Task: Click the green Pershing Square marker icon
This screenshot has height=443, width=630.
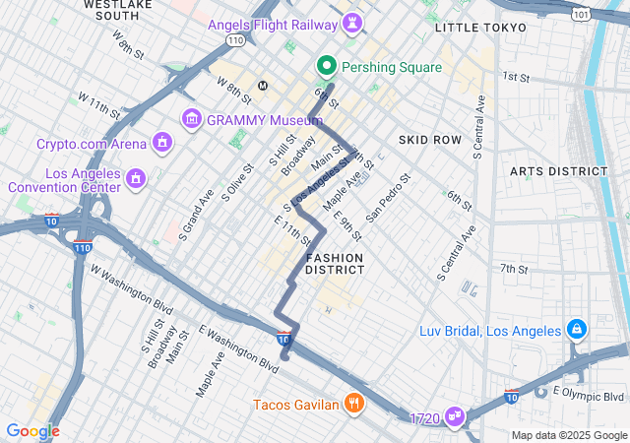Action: pyautogui.click(x=327, y=67)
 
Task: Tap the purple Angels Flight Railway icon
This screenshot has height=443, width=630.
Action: pyautogui.click(x=351, y=22)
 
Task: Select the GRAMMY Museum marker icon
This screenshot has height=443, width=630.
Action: pyautogui.click(x=191, y=119)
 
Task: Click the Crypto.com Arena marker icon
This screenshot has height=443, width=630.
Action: pyautogui.click(x=161, y=144)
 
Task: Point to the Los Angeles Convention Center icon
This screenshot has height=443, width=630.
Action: pyautogui.click(x=136, y=178)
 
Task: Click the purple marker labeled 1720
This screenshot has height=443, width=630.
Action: pyautogui.click(x=454, y=418)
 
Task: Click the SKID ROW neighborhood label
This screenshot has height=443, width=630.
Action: pyautogui.click(x=430, y=140)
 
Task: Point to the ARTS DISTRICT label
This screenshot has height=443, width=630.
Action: pyautogui.click(x=558, y=171)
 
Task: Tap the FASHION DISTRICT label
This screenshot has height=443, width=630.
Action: pyautogui.click(x=335, y=263)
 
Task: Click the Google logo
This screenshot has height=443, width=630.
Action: pyautogui.click(x=32, y=431)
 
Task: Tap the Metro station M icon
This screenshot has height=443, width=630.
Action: pyautogui.click(x=263, y=86)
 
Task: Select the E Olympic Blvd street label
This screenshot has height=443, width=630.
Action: pyautogui.click(x=588, y=396)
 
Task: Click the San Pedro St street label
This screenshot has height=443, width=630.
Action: pyautogui.click(x=387, y=197)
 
